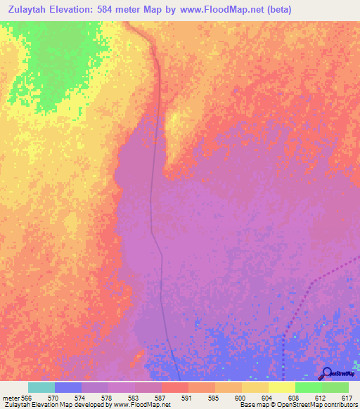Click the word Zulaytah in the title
(x=32, y=10)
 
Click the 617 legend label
(x=346, y=398)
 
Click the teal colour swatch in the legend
(x=41, y=387)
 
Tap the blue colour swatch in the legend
(x=67, y=387)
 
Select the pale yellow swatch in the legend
(x=281, y=387)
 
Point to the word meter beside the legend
(x=11, y=398)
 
